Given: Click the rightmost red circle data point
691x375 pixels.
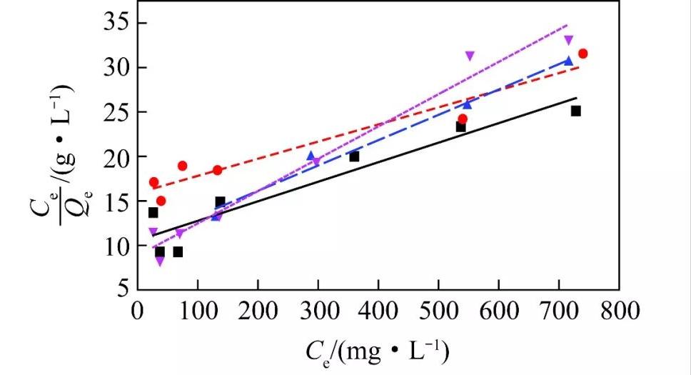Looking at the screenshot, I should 582,54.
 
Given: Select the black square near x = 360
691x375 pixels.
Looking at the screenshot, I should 354,156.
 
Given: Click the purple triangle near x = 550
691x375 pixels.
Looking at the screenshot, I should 470,56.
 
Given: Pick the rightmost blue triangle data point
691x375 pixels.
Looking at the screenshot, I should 568,61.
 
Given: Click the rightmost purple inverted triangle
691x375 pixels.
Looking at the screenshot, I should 568,40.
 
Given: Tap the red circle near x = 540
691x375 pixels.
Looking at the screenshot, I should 463,119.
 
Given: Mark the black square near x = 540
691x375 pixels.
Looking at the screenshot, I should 460,127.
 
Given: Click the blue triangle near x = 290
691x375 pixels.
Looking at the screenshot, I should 311,155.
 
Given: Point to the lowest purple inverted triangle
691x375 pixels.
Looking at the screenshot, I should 159,261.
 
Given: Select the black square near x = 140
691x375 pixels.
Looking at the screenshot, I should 220,202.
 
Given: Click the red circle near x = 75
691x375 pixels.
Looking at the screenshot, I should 182,166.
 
